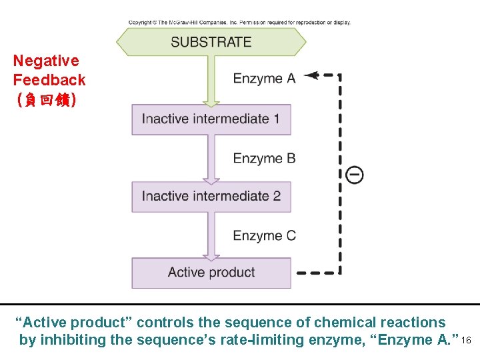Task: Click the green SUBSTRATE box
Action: pyautogui.click(x=211, y=42)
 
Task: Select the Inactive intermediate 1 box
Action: pyautogui.click(x=211, y=119)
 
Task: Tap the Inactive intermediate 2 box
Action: pyautogui.click(x=211, y=197)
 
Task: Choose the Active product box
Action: pyautogui.click(x=211, y=273)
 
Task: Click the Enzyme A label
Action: pyautogui.click(x=264, y=79)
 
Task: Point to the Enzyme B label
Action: pyautogui.click(x=264, y=158)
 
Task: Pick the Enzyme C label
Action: pyautogui.click(x=264, y=235)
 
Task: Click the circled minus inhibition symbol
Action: pyautogui.click(x=355, y=175)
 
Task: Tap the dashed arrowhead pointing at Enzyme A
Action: pyautogui.click(x=309, y=75)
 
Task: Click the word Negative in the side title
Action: pyautogui.click(x=46, y=61)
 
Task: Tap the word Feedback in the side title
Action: pyautogui.click(x=49, y=80)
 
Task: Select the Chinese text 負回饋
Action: pyautogui.click(x=46, y=100)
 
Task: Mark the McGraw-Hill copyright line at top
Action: pyautogui.click(x=239, y=23)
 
